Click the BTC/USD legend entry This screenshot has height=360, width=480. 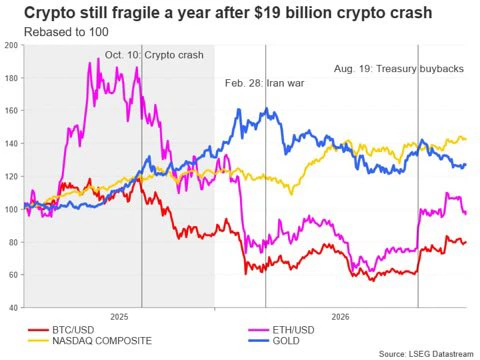click(x=61, y=330)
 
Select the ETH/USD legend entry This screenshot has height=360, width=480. click(x=281, y=330)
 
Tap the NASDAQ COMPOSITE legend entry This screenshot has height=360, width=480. click(x=90, y=341)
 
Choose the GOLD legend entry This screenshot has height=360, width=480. click(x=274, y=341)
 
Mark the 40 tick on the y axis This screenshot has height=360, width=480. click(x=13, y=308)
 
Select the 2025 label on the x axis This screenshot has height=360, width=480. click(x=119, y=317)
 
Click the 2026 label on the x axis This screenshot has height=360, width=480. click(x=340, y=317)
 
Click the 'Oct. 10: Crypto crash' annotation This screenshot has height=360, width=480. click(x=154, y=55)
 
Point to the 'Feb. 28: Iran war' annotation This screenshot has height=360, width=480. click(x=264, y=83)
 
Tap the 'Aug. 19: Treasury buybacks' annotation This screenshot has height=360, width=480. click(x=399, y=69)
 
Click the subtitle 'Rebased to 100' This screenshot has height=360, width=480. click(x=66, y=32)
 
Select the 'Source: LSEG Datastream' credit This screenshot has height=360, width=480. click(x=426, y=354)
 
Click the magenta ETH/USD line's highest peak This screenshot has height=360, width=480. click(x=98, y=59)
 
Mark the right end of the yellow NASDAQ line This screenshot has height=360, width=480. click(x=466, y=139)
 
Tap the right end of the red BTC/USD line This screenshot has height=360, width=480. click(x=466, y=242)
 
